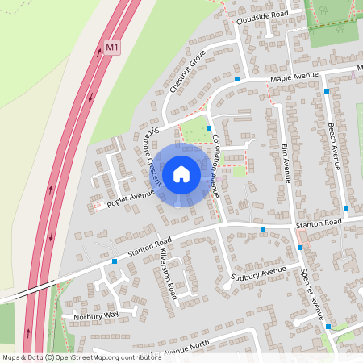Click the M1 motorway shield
[x=112, y=48]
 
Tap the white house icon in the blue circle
[x=181, y=174]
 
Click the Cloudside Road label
[x=261, y=15]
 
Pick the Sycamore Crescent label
[x=148, y=154]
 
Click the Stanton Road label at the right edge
[x=319, y=221]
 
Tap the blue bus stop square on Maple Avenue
[x=237, y=79]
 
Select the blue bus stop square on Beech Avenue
[x=327, y=91]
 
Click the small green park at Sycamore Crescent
[x=194, y=127]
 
